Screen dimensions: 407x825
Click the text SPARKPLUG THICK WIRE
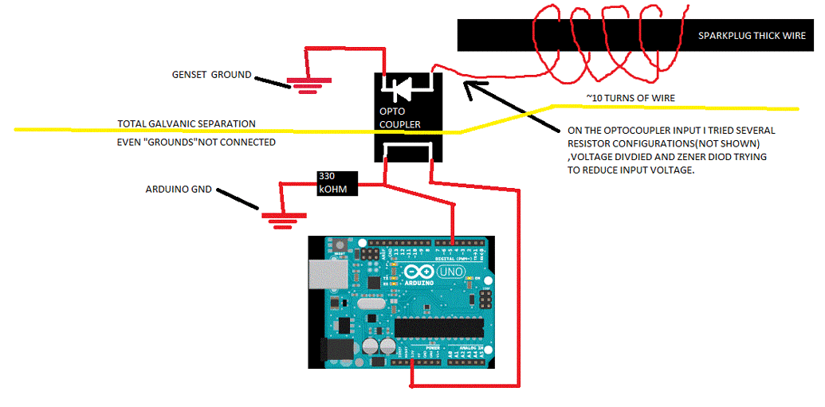(752, 36)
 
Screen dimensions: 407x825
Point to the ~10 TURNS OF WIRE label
(630, 98)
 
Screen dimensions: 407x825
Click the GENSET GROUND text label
(211, 75)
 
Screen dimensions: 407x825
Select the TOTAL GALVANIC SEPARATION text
(187, 124)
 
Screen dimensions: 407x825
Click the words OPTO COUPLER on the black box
(399, 119)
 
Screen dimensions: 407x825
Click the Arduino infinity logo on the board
(418, 273)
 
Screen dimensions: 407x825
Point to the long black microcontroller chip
(439, 327)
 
